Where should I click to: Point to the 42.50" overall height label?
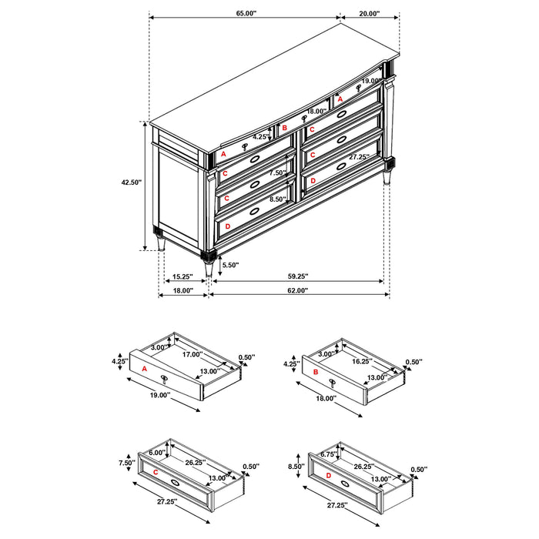(132, 182)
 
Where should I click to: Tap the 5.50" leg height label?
(230, 265)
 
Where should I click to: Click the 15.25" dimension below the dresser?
(182, 276)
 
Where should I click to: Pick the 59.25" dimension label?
(298, 276)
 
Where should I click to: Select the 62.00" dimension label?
(298, 290)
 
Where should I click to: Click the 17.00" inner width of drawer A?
(193, 355)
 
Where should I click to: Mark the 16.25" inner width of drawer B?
(363, 360)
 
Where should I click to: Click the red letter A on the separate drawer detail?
(145, 369)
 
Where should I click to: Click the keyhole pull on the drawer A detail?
(164, 377)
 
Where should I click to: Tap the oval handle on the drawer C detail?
(176, 483)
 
